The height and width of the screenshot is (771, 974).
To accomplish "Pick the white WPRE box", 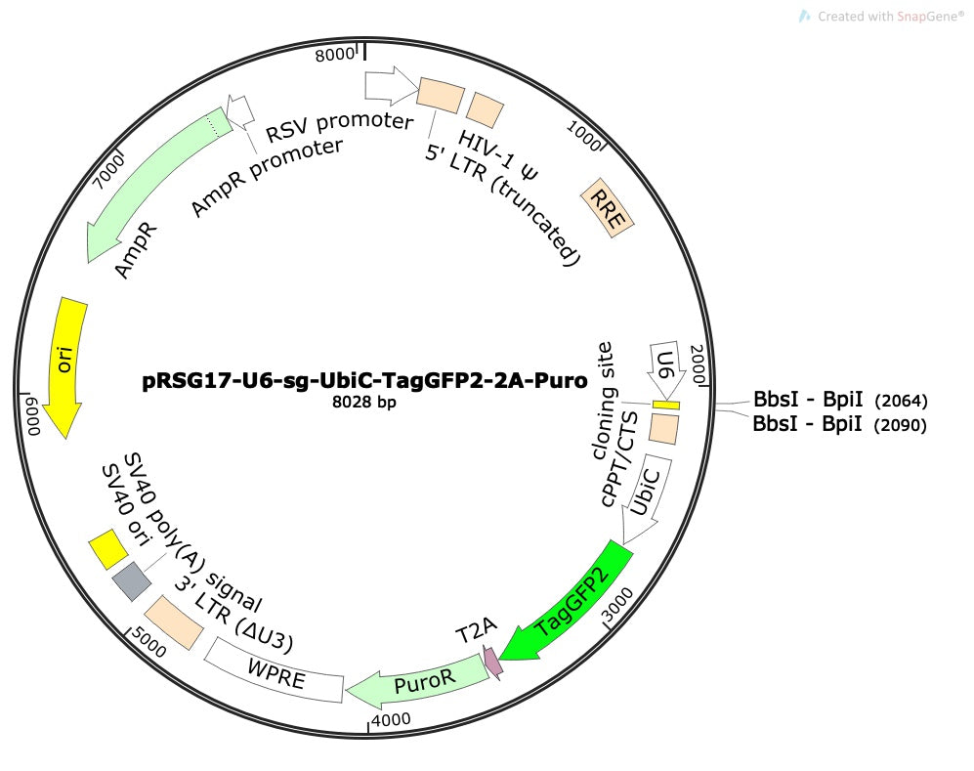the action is [x=274, y=669].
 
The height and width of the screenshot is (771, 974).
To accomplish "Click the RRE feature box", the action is [x=607, y=208].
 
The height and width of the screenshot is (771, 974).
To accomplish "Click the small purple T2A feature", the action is [x=492, y=663].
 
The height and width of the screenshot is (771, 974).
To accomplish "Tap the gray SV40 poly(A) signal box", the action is [x=132, y=581].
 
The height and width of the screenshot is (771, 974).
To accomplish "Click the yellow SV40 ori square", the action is [x=108, y=549].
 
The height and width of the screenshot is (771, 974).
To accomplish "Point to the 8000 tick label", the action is [x=334, y=55].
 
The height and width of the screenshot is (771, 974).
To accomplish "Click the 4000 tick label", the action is [x=391, y=719].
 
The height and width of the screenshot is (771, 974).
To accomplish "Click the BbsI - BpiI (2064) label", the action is [x=840, y=400].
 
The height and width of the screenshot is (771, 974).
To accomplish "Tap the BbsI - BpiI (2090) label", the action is [x=839, y=424].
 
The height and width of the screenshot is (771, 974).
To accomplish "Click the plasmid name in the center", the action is [x=364, y=379].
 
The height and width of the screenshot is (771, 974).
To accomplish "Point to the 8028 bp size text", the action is [x=364, y=402].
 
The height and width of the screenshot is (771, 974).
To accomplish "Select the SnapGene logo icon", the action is [x=804, y=17].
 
